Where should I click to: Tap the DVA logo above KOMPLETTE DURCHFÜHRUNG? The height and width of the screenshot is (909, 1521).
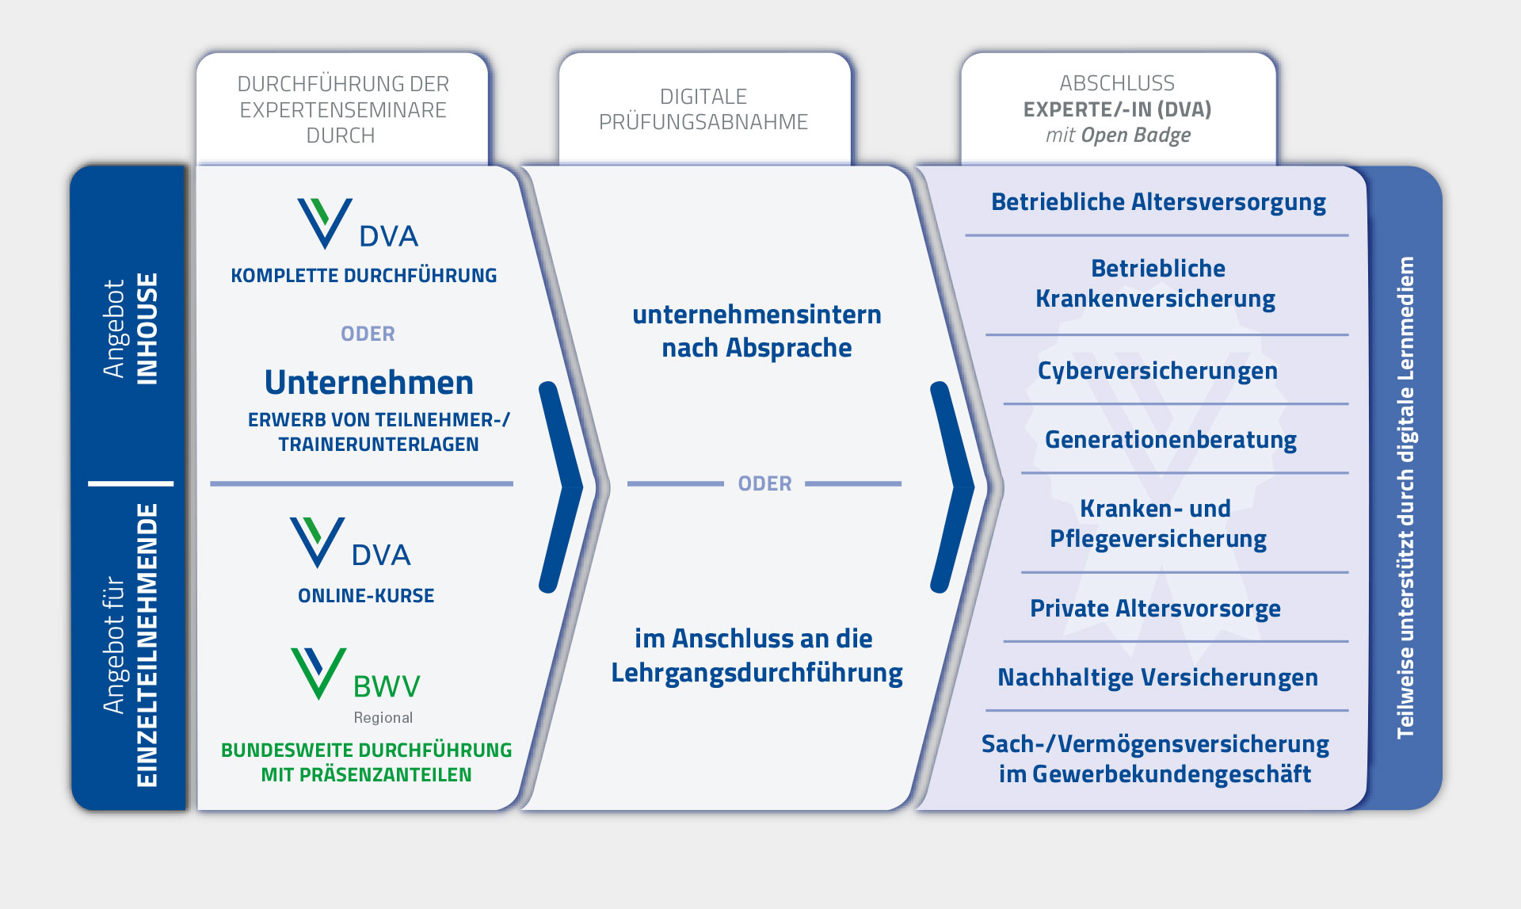pos(358,223)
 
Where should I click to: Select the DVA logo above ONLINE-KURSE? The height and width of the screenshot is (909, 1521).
pos(350,543)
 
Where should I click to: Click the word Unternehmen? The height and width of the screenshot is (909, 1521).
pos(369,383)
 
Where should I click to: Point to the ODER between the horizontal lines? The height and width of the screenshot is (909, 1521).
pos(764,483)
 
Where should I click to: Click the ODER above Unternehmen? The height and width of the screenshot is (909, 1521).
pos(368,334)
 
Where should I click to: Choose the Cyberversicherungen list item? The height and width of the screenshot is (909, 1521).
pos(1157,371)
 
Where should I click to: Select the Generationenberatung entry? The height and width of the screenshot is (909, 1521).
pos(1171,440)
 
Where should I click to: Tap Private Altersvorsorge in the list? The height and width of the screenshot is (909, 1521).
pos(1155,609)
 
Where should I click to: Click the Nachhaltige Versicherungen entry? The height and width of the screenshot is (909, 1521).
pos(1157,678)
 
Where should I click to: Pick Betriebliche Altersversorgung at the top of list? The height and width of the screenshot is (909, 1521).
pos(1158,202)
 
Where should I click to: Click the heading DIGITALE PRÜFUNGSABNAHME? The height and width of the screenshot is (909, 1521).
pos(703,109)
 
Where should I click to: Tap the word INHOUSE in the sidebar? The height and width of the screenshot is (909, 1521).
pos(147,329)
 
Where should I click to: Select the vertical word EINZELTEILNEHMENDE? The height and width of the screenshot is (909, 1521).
pos(147,645)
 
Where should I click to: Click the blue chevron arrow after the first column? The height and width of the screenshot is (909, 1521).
pos(562,487)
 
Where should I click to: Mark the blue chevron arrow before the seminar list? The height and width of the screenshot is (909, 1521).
pos(953,487)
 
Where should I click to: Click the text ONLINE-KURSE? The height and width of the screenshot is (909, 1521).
pos(366,596)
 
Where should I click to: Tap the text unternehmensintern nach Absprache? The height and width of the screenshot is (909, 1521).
pos(757,331)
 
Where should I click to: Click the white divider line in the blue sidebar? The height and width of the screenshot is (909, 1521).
pos(131,483)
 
